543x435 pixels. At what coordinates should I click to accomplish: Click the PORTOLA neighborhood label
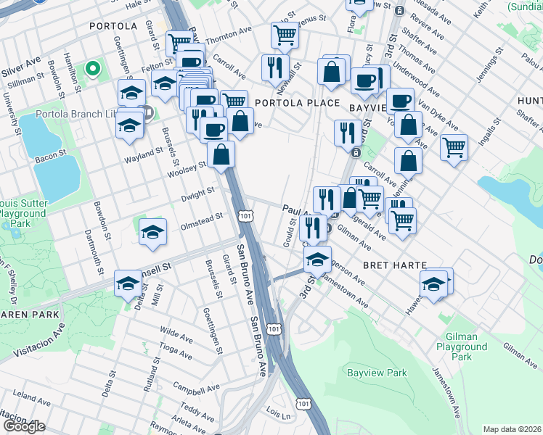(x=113, y=26)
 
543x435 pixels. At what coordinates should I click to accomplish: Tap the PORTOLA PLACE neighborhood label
(x=288, y=103)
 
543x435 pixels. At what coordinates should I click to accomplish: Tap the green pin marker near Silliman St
(x=92, y=69)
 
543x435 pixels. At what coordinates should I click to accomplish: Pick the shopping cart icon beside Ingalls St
(x=454, y=147)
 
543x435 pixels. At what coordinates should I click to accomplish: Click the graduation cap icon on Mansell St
(x=128, y=283)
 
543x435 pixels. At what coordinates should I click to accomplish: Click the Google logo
(x=24, y=426)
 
